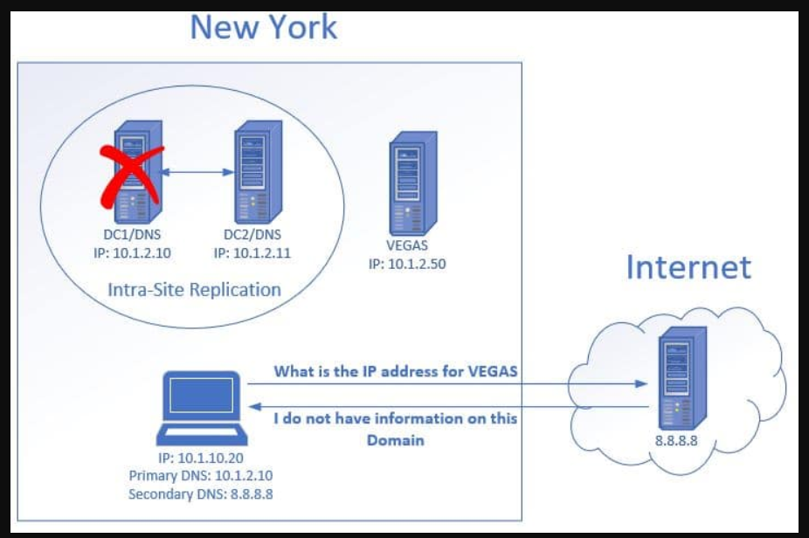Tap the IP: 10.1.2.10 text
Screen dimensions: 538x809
pos(132,253)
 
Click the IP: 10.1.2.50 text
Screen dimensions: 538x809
pos(407,263)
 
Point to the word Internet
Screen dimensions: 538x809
pos(688,266)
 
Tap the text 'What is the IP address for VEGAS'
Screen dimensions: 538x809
pos(396,371)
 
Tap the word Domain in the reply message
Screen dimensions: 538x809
pos(396,440)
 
